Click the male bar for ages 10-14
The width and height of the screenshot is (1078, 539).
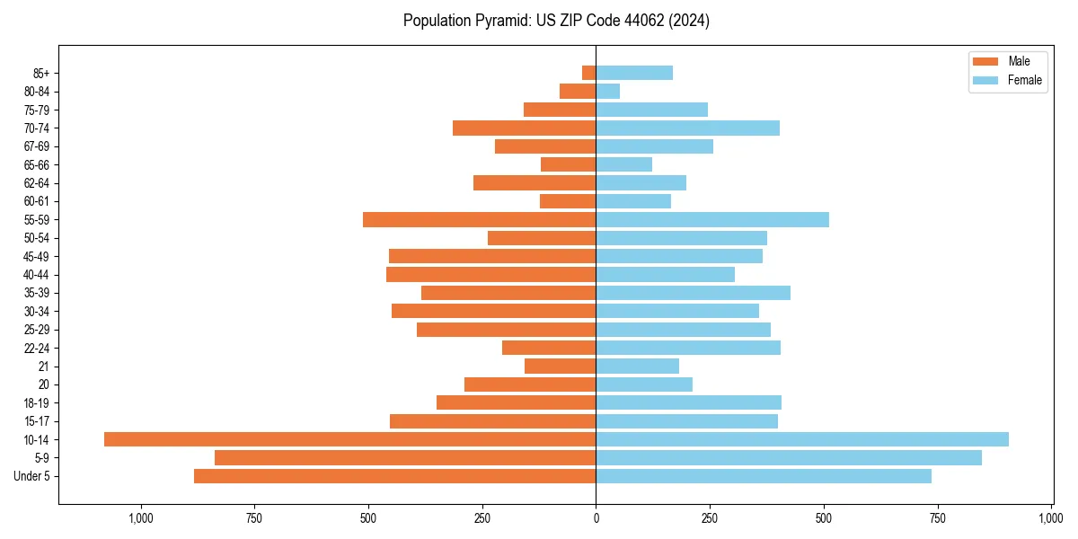tap(349, 439)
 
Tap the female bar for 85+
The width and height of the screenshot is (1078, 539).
tap(634, 73)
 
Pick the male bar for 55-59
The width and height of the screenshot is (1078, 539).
tap(479, 219)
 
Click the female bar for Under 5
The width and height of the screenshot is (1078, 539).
tap(764, 476)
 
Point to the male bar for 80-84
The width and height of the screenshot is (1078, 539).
tap(578, 91)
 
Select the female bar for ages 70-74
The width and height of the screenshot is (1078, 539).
tap(687, 128)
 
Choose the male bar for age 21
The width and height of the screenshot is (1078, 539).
tap(560, 366)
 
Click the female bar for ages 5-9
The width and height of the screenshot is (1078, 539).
tap(789, 457)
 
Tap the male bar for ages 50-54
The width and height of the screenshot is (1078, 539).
tap(542, 238)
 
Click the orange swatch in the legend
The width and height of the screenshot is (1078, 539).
tap(985, 61)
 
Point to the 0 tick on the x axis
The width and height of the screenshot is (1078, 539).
tap(596, 518)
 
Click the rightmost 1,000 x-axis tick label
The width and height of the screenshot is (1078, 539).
tap(1051, 518)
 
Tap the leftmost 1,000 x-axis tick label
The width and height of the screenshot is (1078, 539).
tap(140, 518)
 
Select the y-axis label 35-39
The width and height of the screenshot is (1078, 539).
tap(37, 293)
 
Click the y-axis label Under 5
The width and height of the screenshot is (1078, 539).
tap(32, 476)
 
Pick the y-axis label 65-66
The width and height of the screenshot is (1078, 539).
tap(37, 164)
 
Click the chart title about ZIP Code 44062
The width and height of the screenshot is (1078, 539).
tap(556, 21)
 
